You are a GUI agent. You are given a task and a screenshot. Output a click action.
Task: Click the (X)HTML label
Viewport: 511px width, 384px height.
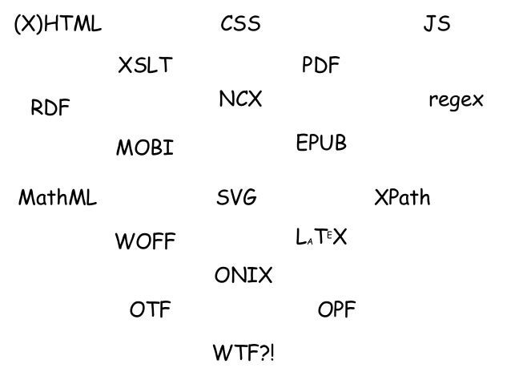point(58,26)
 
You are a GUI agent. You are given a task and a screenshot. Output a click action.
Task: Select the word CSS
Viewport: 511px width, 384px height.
point(240,26)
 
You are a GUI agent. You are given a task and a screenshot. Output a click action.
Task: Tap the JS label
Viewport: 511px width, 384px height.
point(437,26)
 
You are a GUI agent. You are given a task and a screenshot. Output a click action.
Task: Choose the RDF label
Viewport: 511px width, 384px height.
point(50,108)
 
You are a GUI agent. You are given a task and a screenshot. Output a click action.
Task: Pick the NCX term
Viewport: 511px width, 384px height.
point(240,100)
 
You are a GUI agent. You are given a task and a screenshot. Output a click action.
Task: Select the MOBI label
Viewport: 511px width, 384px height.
point(145,149)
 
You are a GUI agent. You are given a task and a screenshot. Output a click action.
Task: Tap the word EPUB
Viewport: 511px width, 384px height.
point(321,143)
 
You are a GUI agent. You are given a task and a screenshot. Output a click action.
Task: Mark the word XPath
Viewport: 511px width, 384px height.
point(403,198)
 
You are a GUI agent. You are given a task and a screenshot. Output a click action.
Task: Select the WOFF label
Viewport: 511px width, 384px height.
point(145,241)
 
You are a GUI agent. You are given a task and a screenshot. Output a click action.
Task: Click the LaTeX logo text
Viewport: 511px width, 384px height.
point(321,237)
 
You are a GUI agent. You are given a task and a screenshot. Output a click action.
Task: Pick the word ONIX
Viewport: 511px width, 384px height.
point(243,277)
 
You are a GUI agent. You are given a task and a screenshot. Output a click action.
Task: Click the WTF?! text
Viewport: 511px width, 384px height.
point(243,353)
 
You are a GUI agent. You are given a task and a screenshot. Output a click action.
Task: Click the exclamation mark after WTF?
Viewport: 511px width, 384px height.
point(271,353)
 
